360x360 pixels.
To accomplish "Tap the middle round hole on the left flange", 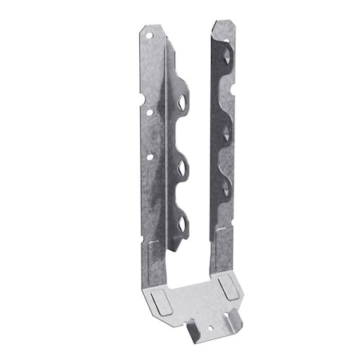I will pos(150,110).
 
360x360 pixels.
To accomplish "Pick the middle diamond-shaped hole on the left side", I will pos(182,167).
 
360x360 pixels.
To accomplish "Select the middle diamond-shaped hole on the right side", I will pos(227,129).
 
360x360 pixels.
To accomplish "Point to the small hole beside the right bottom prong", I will pos(234,322).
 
